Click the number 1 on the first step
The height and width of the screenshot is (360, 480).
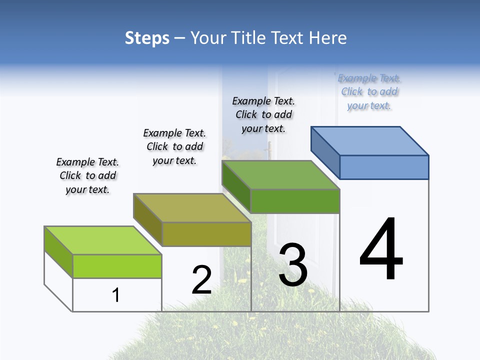(116, 295)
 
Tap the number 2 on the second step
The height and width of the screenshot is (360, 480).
(201, 280)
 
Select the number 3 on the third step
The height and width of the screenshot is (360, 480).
(293, 265)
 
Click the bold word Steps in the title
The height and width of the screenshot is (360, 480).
(147, 38)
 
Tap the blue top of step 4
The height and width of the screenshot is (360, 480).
(370, 140)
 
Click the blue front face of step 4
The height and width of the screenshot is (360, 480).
(384, 167)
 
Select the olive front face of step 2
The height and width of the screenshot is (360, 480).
(206, 234)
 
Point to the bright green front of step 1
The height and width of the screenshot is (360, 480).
(117, 266)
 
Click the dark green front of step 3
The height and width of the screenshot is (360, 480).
(295, 201)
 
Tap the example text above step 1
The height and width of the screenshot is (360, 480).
(87, 176)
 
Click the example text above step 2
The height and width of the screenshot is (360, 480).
(174, 146)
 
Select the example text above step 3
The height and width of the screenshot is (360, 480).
(263, 114)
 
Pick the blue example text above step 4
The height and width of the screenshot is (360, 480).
(369, 92)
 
